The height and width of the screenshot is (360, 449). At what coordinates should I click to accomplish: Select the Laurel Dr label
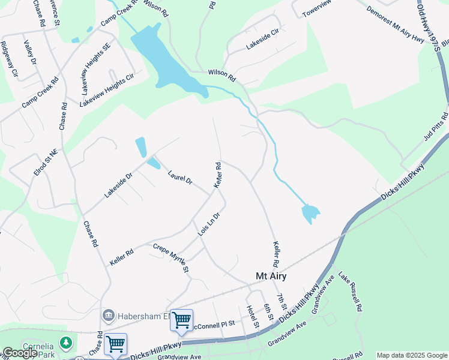click(x=179, y=176)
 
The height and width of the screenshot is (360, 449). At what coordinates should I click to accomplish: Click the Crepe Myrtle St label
click(x=171, y=258)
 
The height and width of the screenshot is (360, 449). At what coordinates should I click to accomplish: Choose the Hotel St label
click(x=253, y=316)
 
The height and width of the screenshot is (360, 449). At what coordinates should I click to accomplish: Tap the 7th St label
click(x=280, y=302)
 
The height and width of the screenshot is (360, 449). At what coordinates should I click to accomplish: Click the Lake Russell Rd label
click(x=351, y=291)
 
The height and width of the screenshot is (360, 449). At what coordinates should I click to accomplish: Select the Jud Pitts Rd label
click(x=436, y=125)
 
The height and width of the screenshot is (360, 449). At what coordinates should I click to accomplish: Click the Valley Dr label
click(x=30, y=52)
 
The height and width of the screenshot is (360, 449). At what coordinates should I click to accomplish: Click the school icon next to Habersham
click(x=109, y=314)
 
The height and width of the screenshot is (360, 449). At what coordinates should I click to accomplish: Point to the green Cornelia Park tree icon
click(x=65, y=344)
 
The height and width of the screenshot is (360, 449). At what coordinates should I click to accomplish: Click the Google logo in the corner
click(x=19, y=353)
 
